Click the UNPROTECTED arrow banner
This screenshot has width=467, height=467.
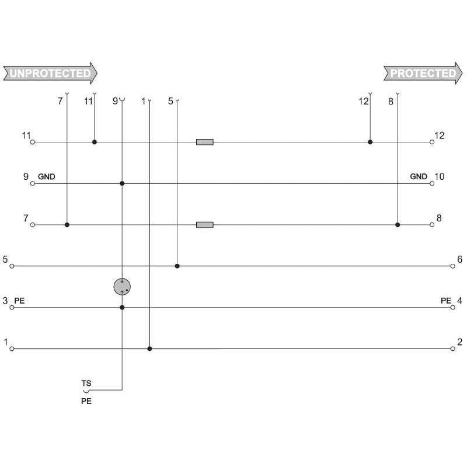(x=50, y=73)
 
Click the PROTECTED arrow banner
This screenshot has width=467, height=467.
(x=423, y=73)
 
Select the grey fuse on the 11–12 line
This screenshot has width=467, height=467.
(x=205, y=142)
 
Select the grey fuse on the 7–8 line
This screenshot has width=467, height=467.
(x=205, y=225)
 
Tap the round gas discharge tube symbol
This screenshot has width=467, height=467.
(x=122, y=287)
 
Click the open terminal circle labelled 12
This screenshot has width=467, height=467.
(x=432, y=142)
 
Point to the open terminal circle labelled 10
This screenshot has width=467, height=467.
(x=432, y=183)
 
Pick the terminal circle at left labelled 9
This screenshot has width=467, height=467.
(x=33, y=183)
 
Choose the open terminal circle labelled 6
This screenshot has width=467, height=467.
(x=453, y=266)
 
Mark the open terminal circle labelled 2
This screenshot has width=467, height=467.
(x=453, y=348)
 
